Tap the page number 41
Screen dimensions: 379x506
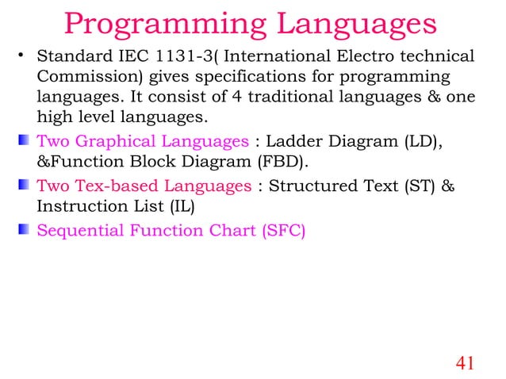point(466,363)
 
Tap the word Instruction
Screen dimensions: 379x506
point(78,207)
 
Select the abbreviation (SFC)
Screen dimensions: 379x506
point(278,232)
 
